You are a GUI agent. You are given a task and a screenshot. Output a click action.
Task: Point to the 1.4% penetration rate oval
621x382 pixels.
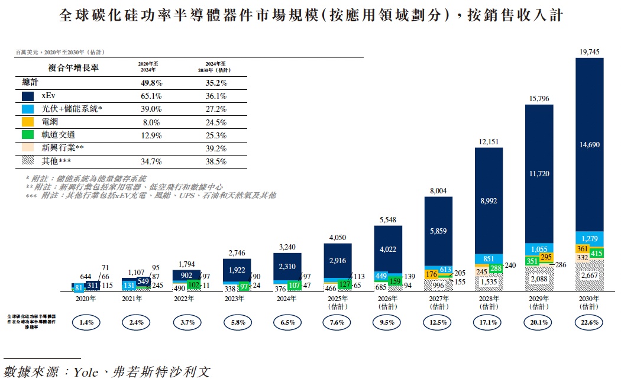[86, 323]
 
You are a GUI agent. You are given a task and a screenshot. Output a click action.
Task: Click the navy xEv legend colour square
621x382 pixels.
[28, 96]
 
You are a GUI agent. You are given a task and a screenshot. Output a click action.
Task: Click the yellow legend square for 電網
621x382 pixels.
[28, 122]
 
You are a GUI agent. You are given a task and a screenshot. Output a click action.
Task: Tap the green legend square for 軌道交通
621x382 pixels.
[28, 135]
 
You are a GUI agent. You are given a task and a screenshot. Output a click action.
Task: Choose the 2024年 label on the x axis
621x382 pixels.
[287, 299]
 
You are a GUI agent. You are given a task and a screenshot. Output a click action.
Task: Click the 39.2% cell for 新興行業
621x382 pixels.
[216, 148]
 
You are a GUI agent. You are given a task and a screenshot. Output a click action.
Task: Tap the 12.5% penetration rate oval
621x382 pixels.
[438, 323]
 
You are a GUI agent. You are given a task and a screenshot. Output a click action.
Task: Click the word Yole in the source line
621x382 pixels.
[84, 372]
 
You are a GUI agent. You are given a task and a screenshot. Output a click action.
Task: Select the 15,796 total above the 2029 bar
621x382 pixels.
[539, 98]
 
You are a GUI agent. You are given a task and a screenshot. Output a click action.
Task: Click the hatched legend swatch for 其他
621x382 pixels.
[28, 161]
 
